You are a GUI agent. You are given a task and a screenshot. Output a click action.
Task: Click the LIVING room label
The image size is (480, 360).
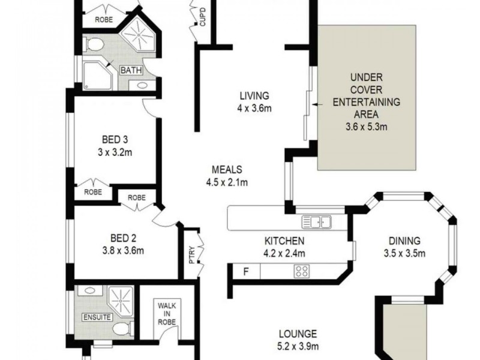coord(254,95)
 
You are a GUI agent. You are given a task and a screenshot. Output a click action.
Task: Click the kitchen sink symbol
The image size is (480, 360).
coord(317,223)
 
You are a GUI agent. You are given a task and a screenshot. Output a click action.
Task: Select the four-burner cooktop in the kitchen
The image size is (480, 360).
coord(301,271)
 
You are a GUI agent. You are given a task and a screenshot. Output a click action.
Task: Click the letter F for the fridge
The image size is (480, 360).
coord(245,271)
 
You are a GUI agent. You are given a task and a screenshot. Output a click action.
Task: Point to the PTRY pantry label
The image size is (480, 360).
coord(191,255)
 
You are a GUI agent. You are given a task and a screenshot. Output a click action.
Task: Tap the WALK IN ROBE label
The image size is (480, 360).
coord(166,314)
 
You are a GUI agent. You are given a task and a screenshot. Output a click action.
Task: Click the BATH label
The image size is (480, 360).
coord(131,70)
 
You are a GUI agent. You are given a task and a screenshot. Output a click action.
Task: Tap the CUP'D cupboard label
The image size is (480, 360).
coord(203,17)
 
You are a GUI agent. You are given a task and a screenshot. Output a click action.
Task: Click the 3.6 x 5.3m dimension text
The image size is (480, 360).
coord(366,127)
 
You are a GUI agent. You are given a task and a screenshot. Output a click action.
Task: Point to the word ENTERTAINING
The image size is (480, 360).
coord(366,101)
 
